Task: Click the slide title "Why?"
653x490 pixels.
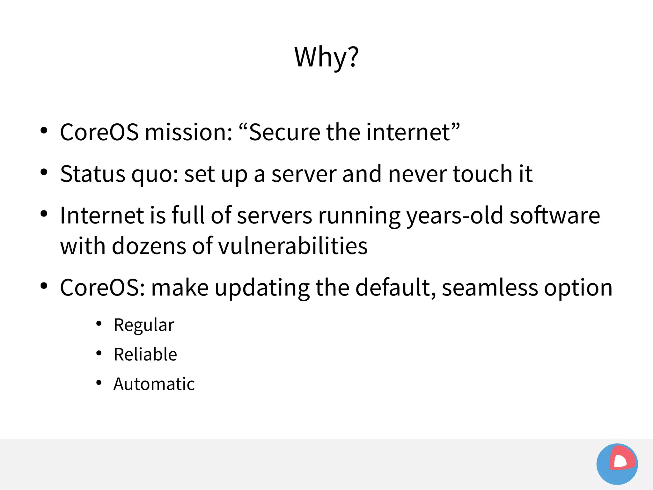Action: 326,57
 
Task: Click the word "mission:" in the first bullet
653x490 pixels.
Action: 189,132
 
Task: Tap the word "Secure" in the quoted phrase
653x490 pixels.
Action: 284,132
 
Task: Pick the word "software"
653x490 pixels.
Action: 555,216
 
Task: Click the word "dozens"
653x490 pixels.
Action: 149,246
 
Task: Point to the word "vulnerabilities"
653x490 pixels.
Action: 293,246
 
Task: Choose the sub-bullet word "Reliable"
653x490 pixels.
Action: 145,354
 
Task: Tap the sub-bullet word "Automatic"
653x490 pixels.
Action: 154,384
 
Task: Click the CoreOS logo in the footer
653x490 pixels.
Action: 617,464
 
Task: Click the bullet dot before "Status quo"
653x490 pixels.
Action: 44,172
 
